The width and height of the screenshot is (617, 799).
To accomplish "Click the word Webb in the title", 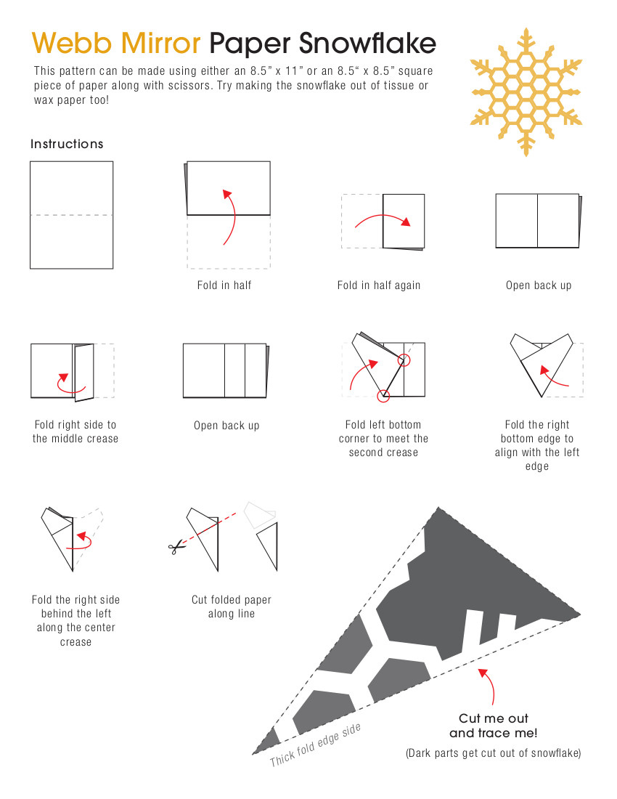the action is point(72,43).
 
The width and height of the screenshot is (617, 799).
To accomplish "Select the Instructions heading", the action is point(67,144).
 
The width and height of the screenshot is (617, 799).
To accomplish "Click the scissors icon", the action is point(176,548).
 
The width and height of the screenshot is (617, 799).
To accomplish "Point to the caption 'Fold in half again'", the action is point(379,285).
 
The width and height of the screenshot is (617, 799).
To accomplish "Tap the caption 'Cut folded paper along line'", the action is point(232,607).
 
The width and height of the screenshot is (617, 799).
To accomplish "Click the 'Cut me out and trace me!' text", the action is point(494,726).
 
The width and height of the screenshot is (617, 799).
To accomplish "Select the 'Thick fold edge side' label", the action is point(316,745).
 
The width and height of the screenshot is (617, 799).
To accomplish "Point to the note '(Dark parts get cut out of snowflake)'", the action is point(494,753).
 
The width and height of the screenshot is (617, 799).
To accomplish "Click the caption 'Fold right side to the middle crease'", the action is point(75,431).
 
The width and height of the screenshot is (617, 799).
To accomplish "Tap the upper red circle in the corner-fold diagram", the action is point(404,360).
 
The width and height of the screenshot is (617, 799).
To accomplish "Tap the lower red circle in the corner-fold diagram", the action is point(384,395).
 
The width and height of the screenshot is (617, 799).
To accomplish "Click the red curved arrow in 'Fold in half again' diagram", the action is point(383,216).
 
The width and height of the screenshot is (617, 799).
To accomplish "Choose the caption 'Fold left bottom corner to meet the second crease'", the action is point(383,438).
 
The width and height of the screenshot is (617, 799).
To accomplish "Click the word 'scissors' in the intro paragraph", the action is point(190,85).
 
